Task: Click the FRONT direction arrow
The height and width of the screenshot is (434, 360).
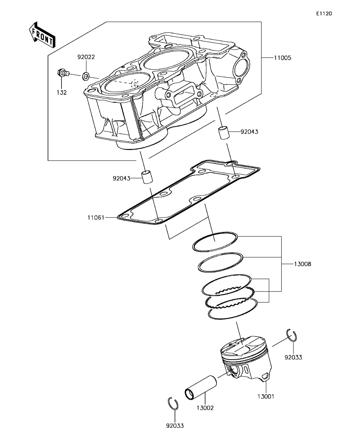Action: click(x=42, y=34)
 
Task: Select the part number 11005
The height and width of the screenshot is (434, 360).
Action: click(x=283, y=58)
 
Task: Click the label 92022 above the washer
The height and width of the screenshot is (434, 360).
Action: click(x=86, y=57)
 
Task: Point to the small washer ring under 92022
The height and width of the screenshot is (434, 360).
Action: click(x=86, y=76)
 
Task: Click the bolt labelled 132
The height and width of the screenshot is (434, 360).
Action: click(x=63, y=73)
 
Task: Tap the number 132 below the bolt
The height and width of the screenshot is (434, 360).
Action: click(x=61, y=92)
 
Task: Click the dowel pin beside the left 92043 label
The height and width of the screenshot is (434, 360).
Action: click(x=147, y=177)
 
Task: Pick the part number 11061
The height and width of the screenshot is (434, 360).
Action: click(x=96, y=218)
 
